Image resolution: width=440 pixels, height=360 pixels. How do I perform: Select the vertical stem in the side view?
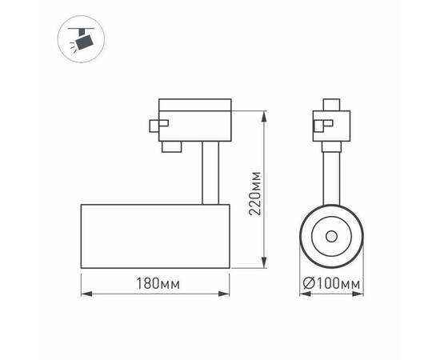coord(208,171)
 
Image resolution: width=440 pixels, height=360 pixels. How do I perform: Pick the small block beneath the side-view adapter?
coord(170,146)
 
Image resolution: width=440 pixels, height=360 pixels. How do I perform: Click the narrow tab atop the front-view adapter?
coord(330,104)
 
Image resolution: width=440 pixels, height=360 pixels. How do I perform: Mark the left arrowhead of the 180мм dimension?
coord(84,294)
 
